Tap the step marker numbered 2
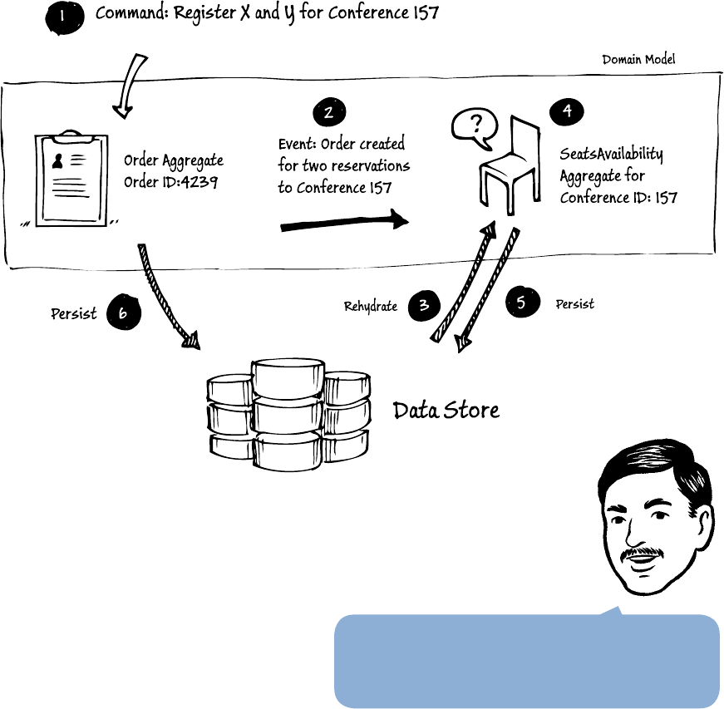[329, 113]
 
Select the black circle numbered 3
[424, 304]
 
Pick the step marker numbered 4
[567, 112]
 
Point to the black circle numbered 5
[521, 303]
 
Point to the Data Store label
[446, 410]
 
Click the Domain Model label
[638, 60]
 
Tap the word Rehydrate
[371, 307]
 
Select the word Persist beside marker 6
[74, 314]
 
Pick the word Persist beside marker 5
[574, 304]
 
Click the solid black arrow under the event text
[344, 221]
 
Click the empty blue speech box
[526, 661]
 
